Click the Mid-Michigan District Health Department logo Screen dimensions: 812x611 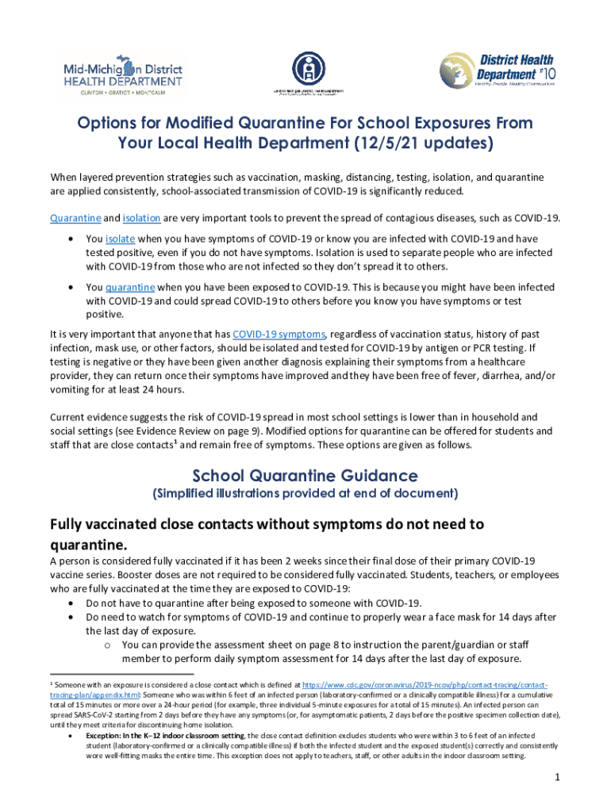point(122,75)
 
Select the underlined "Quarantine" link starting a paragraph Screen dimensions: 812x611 point(75,217)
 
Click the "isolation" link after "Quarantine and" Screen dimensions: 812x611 point(143,217)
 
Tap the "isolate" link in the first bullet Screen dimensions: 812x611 point(121,239)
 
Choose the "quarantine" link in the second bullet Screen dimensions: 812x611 point(130,286)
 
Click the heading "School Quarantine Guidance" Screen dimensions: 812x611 point(305,476)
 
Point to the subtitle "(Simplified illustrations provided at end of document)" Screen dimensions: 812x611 point(305,493)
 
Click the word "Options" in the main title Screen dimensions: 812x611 point(107,124)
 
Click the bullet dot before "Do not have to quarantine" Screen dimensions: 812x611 point(73,603)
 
